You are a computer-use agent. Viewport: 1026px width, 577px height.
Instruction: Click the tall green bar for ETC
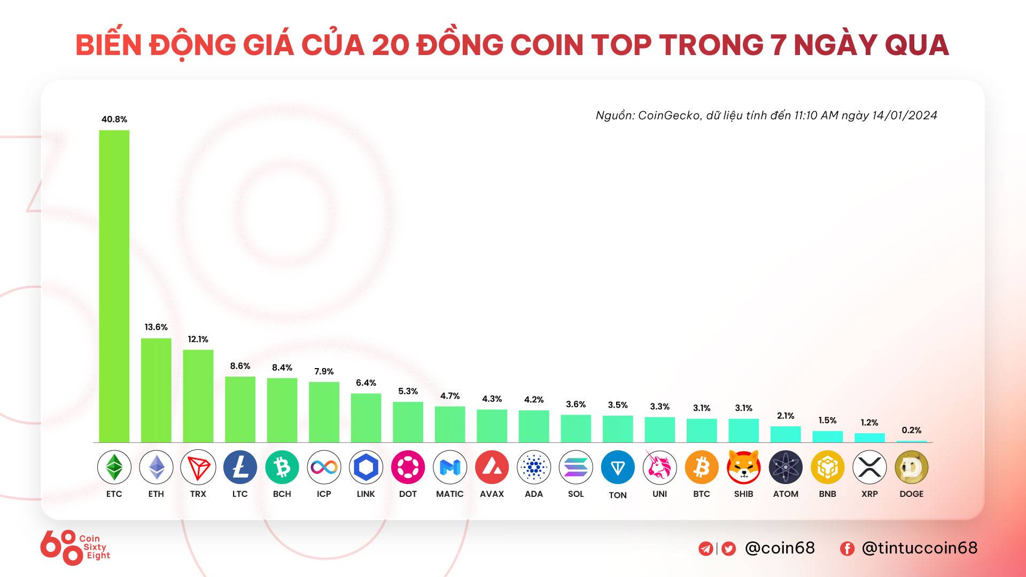pyautogui.click(x=114, y=286)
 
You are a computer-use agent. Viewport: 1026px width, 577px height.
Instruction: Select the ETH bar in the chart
pyautogui.click(x=156, y=390)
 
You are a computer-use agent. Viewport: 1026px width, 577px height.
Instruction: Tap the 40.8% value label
pyautogui.click(x=114, y=119)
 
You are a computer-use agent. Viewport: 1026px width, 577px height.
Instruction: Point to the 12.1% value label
pyautogui.click(x=198, y=339)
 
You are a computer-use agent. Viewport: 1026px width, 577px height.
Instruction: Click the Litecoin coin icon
pyautogui.click(x=240, y=467)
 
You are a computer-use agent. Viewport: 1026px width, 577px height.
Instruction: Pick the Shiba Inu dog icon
pyautogui.click(x=743, y=467)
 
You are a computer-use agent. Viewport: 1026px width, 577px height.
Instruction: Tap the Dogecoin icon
pyautogui.click(x=911, y=467)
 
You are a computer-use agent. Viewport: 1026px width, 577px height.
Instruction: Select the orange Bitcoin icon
pyautogui.click(x=702, y=467)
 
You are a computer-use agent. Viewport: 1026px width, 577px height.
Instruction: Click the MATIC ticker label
pyautogui.click(x=449, y=494)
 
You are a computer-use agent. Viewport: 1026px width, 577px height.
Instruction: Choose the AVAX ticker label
pyautogui.click(x=492, y=494)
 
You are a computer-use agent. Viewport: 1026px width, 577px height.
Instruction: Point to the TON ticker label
pyautogui.click(x=618, y=495)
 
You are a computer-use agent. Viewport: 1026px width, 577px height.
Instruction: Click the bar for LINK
pyautogui.click(x=366, y=418)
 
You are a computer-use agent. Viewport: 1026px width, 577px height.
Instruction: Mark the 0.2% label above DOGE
pyautogui.click(x=911, y=430)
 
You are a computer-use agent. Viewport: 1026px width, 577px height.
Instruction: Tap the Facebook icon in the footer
pyautogui.click(x=847, y=549)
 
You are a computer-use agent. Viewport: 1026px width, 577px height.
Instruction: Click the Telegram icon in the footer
pyautogui.click(x=705, y=549)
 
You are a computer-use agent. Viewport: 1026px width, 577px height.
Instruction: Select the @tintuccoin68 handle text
pyautogui.click(x=919, y=548)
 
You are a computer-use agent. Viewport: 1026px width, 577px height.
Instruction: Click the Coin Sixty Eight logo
pyautogui.click(x=75, y=547)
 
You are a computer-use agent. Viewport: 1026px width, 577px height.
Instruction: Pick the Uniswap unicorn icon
pyautogui.click(x=659, y=467)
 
